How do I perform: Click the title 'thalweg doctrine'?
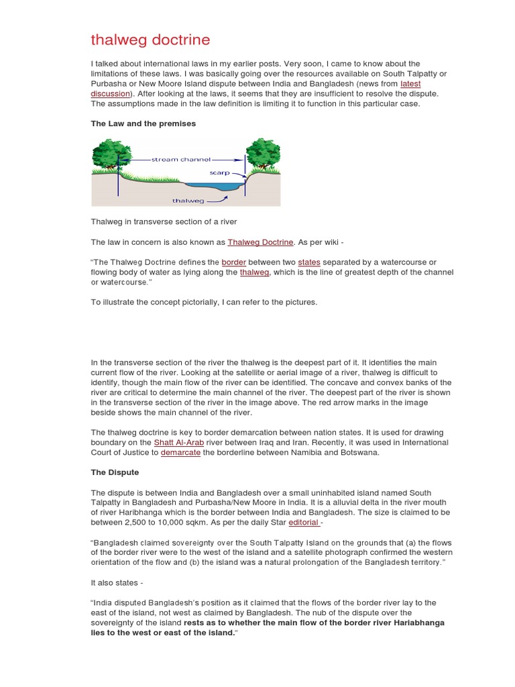pos(150,40)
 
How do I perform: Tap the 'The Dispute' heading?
pos(115,472)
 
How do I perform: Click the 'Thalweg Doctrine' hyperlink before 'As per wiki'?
pos(260,242)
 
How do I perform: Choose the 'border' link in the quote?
pos(235,262)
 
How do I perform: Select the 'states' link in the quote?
pos(309,262)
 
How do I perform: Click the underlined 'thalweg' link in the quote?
pos(254,272)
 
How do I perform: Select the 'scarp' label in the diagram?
pos(219,173)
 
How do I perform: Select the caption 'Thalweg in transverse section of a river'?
pos(164,222)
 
